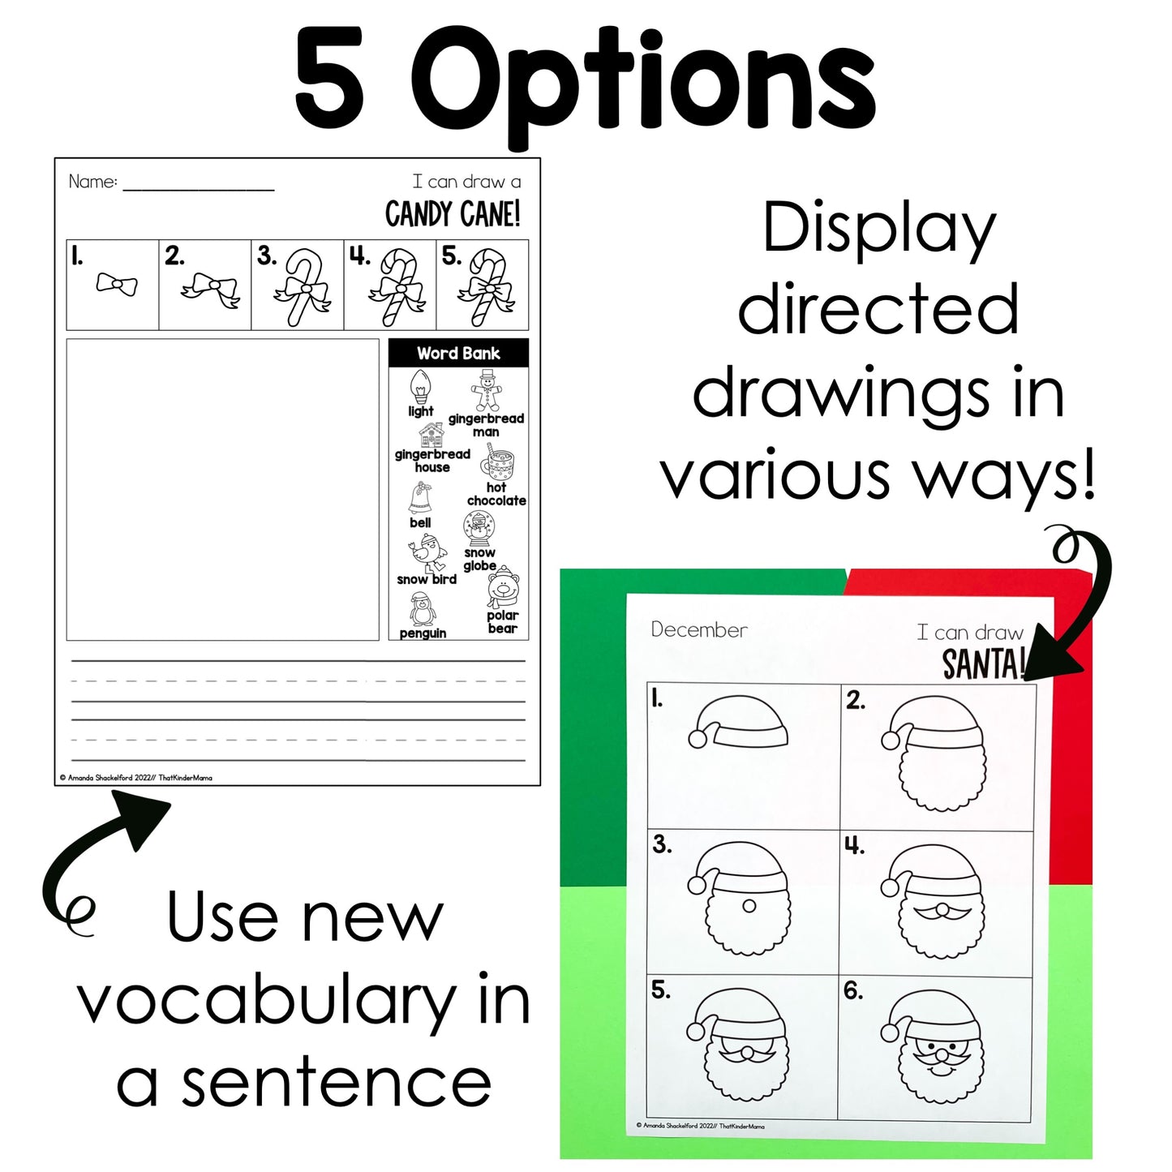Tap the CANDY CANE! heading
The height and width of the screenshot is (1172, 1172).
(x=453, y=214)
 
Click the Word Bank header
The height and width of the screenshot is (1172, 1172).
(x=458, y=353)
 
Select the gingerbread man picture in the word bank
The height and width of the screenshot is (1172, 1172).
(x=486, y=390)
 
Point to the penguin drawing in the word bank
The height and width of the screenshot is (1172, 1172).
(x=422, y=609)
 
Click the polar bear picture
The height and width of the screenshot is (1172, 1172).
(x=503, y=586)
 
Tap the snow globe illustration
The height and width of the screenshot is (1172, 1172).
(x=479, y=529)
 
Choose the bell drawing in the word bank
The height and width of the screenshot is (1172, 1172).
(x=419, y=497)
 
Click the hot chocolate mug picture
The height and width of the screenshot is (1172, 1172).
(x=497, y=462)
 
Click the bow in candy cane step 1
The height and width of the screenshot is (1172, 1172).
(x=117, y=284)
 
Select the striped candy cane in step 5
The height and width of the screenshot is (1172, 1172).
(x=486, y=286)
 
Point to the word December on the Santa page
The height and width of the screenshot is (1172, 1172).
(x=699, y=630)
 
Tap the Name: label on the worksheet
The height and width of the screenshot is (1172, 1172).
(x=92, y=181)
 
